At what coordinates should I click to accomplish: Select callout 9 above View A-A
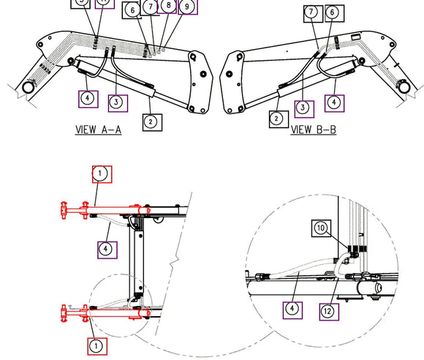tap(188, 7)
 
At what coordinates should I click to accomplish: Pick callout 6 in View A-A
tap(132, 10)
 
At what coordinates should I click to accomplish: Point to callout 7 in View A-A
tap(150, 7)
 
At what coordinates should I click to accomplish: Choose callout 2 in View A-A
tap(151, 121)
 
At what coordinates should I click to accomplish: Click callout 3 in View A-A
tap(116, 101)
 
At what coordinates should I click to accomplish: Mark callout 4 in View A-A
tap(88, 97)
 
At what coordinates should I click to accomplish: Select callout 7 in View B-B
tap(312, 12)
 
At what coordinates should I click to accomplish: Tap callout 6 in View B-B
tap(333, 12)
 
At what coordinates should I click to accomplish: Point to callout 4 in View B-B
tap(334, 102)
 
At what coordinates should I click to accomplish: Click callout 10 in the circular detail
tap(322, 228)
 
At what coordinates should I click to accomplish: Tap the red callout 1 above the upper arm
tap(101, 173)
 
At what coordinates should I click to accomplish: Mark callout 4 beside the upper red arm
tap(107, 250)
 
